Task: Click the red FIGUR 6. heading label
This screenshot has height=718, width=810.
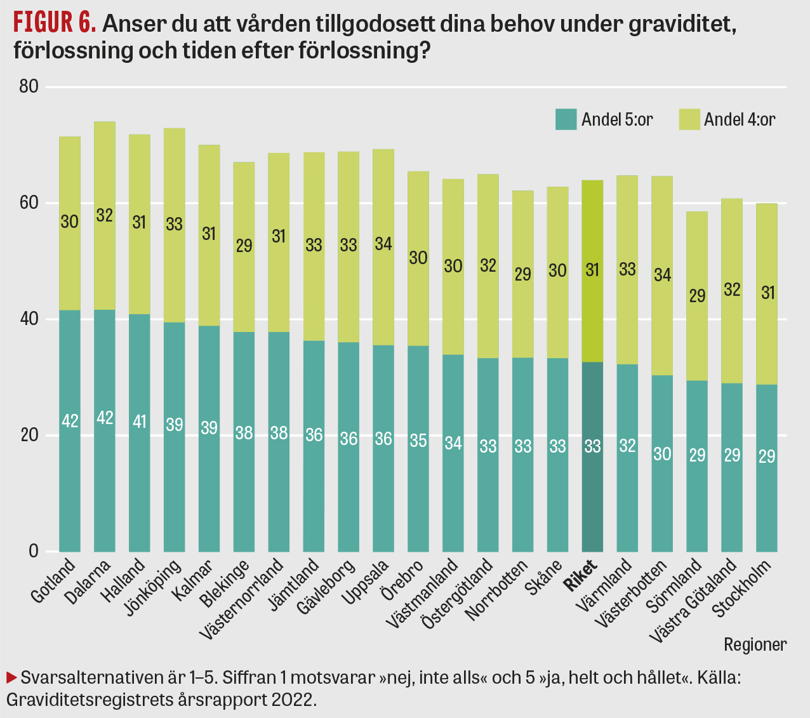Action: point(55,24)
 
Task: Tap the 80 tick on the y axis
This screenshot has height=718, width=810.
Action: point(29,87)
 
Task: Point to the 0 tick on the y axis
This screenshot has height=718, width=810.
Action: point(33,551)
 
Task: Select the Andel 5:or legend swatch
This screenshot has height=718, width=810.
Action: point(566,119)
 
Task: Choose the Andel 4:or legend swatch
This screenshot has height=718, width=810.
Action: point(689,119)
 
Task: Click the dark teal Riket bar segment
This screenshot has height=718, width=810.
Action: point(592,457)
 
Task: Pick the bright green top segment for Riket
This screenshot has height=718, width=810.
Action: point(592,271)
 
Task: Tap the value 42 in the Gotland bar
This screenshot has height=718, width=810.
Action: point(70,420)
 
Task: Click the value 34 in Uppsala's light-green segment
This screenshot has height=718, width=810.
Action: point(383,243)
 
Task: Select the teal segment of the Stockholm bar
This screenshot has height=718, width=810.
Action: point(766,468)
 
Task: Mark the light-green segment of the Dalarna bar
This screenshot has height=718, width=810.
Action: point(105,216)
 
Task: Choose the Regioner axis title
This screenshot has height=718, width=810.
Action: point(755,644)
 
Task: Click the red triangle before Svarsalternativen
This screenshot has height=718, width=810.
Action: point(11,677)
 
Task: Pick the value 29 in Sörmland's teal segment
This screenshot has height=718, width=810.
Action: point(697,455)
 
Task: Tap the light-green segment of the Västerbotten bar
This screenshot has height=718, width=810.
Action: point(662,275)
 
